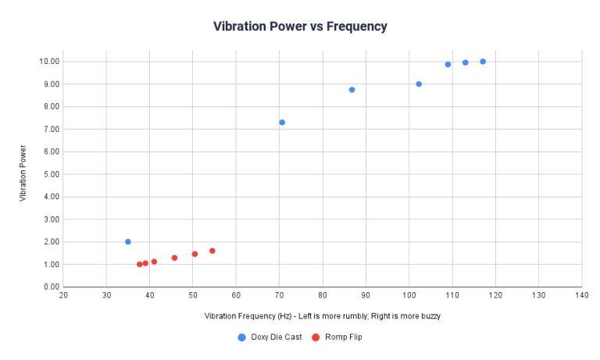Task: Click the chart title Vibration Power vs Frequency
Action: tap(300, 27)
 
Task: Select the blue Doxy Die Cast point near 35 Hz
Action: tap(128, 242)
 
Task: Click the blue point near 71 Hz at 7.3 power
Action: tap(282, 123)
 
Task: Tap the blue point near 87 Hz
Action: tap(352, 90)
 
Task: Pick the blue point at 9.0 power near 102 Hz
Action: tap(419, 84)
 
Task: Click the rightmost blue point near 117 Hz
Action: tap(483, 62)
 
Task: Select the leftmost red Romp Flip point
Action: tap(140, 264)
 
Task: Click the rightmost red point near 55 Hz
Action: tap(212, 251)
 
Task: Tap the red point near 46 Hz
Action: tap(174, 258)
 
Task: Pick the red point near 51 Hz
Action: tap(195, 254)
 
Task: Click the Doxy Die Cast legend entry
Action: tap(270, 337)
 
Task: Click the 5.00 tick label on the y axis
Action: tap(47, 174)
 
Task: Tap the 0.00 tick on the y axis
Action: tap(47, 287)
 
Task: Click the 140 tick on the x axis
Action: tap(580, 295)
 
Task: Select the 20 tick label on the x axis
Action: tap(63, 295)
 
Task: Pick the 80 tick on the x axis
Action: tap(322, 295)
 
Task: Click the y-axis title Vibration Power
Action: tap(23, 174)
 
